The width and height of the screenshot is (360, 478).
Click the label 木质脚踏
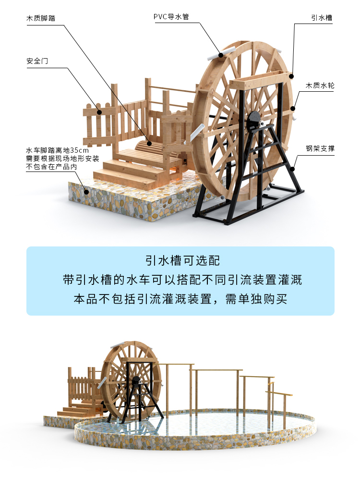pos(40,18)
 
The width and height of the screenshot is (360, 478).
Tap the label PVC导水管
pos(171,17)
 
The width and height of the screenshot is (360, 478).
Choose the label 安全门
pos(37,61)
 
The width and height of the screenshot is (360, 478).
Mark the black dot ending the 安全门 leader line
pos(100,113)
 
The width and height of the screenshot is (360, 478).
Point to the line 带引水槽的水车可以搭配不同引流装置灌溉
pos(180,280)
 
